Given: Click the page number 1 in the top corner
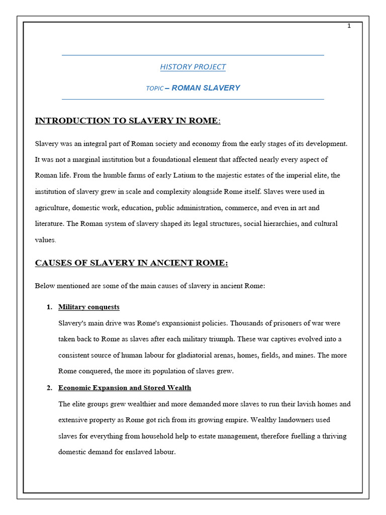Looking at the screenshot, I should pyautogui.click(x=349, y=26).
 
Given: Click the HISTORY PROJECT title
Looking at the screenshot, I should pyautogui.click(x=192, y=67).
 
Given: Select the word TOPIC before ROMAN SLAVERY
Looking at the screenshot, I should pyautogui.click(x=154, y=89).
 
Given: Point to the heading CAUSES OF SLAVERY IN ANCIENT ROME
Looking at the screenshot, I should pyautogui.click(x=131, y=263).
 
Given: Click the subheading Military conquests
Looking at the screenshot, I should pyautogui.click(x=89, y=307).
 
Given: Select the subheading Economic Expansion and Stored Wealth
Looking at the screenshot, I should pyautogui.click(x=125, y=388).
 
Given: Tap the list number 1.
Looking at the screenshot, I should pyautogui.click(x=49, y=307).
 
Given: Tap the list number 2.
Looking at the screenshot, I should pyautogui.click(x=49, y=388).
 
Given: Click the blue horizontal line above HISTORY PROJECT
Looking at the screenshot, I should pyautogui.click(x=192, y=55).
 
